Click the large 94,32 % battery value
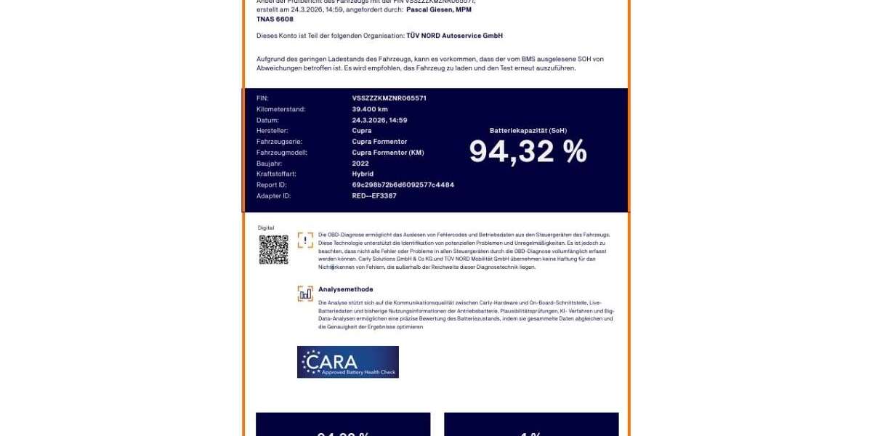(528, 152)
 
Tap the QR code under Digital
(274, 249)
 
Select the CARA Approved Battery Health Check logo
(347, 362)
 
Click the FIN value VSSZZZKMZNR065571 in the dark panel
(389, 98)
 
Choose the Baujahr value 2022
(360, 163)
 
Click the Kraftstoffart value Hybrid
(363, 174)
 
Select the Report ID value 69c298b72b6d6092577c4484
(403, 185)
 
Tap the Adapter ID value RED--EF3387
(374, 196)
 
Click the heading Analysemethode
(345, 289)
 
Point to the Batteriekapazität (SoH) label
(528, 131)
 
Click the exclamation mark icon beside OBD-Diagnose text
(305, 241)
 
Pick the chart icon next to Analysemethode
(305, 294)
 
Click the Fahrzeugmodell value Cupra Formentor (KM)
(387, 153)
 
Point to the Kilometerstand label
(280, 109)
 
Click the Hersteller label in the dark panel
(272, 131)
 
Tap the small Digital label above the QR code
(266, 228)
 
